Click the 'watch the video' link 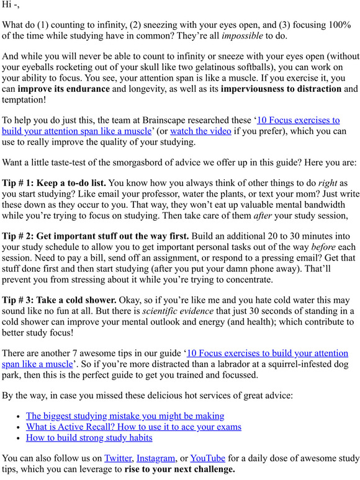tap(192, 131)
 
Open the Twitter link tap(118, 458)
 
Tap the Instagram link tap(155, 458)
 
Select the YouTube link tap(207, 458)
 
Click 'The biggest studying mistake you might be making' tap(125, 416)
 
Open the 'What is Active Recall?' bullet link tap(133, 427)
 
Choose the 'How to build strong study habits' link tap(89, 438)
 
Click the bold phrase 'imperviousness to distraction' tap(281, 89)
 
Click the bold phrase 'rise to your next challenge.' tap(179, 469)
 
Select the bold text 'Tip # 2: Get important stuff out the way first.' tap(96, 236)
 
